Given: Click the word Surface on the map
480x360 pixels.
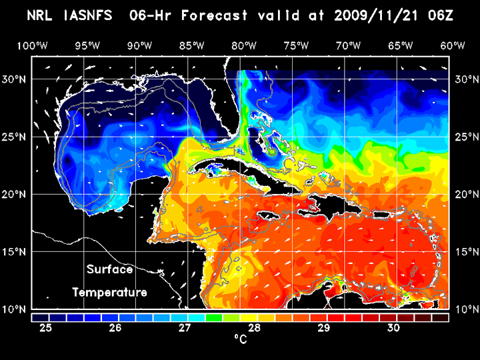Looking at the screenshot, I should tap(109, 270).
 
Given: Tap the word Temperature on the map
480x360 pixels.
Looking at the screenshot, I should tap(109, 292).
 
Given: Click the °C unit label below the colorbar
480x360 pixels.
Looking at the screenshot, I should tap(240, 339).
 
